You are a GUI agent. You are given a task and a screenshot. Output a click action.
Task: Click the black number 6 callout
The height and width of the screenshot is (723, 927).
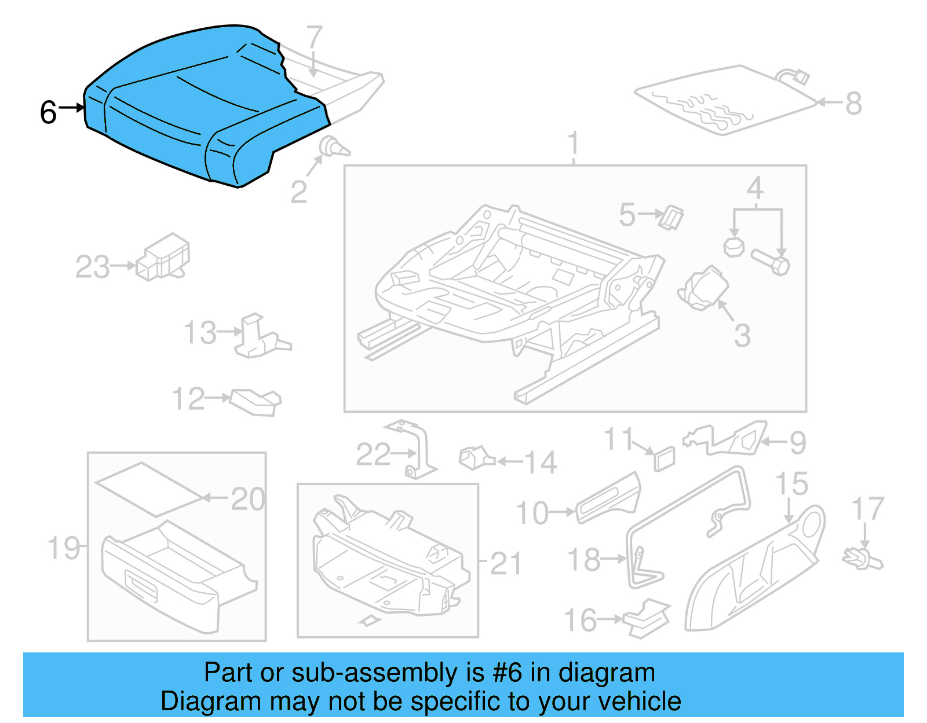click(x=49, y=112)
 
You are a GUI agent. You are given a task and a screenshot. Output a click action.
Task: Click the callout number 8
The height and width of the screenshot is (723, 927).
click(x=853, y=104)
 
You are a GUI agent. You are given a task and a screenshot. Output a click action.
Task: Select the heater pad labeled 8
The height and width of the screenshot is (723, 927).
click(x=724, y=101)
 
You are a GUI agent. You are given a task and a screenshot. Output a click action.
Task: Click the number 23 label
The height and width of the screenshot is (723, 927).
click(x=92, y=267)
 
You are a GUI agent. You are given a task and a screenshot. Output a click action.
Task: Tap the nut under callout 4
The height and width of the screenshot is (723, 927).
click(x=733, y=247)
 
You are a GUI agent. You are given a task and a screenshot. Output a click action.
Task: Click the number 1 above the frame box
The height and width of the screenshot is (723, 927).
click(x=573, y=142)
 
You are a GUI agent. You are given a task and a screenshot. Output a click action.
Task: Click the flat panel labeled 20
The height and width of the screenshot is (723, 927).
click(x=149, y=489)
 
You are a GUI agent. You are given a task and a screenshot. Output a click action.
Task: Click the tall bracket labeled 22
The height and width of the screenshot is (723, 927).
click(x=420, y=452)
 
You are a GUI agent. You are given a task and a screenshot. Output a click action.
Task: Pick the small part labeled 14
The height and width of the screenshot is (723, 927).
click(x=475, y=458)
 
